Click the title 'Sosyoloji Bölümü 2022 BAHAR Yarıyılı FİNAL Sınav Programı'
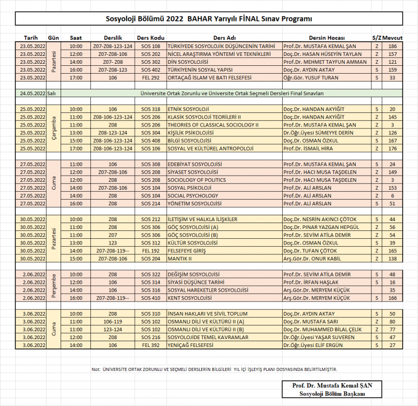(x=209, y=19)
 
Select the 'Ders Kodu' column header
(x=150, y=38)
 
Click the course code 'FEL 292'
(x=150, y=77)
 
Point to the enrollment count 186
(x=392, y=46)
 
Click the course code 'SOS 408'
(x=150, y=141)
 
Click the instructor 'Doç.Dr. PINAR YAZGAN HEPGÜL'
(x=321, y=227)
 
